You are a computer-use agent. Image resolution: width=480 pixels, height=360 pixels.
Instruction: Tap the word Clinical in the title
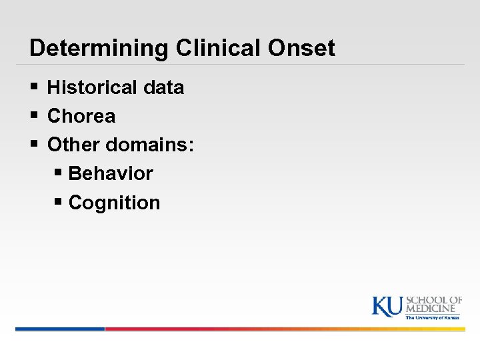pyautogui.click(x=204, y=48)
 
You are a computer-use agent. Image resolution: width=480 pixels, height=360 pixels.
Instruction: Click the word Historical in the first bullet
pyautogui.click(x=93, y=87)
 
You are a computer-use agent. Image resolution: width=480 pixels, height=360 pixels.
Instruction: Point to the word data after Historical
pyautogui.click(x=163, y=87)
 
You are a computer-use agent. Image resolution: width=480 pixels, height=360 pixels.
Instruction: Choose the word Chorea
pyautogui.click(x=81, y=116)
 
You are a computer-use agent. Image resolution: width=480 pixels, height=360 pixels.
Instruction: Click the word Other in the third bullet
pyautogui.click(x=75, y=145)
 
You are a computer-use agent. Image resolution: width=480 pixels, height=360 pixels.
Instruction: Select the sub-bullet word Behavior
pyautogui.click(x=111, y=173)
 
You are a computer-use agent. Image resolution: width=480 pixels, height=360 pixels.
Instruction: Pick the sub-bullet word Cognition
pyautogui.click(x=114, y=203)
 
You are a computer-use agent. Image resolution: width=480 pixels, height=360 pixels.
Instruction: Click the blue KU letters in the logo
pyautogui.click(x=387, y=306)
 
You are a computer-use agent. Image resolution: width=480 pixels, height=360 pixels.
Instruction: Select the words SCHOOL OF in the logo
pyautogui.click(x=434, y=301)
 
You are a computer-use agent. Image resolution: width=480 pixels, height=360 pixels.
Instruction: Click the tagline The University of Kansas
pyautogui.click(x=433, y=318)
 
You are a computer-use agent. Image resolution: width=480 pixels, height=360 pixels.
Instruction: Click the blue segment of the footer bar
pyautogui.click(x=60, y=329)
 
